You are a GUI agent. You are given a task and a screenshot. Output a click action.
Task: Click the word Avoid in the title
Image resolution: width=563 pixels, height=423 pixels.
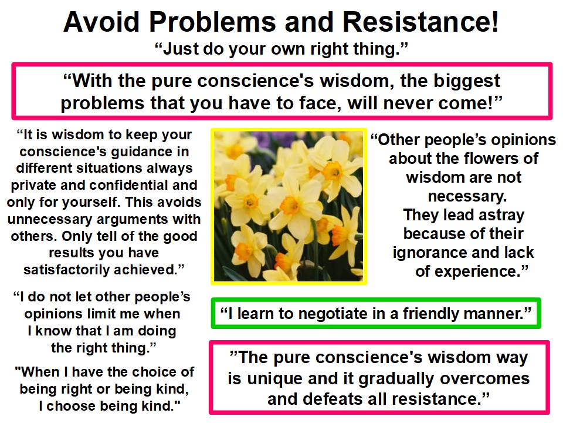[101, 22]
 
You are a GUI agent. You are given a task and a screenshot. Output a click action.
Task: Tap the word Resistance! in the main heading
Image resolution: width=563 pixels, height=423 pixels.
[420, 22]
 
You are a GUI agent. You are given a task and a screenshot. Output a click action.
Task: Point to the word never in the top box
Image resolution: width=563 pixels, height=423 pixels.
[410, 103]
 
